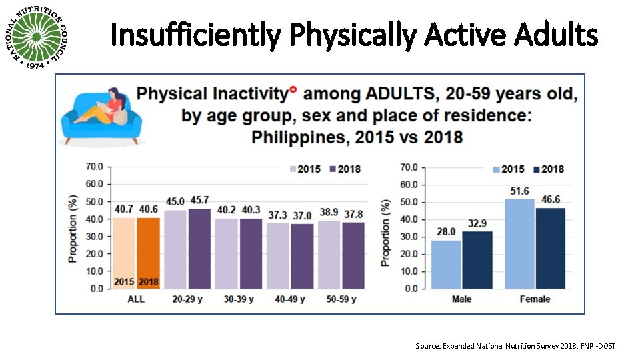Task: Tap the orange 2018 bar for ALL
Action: [x=148, y=253]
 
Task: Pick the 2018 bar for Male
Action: [x=477, y=259]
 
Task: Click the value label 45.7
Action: [x=200, y=200]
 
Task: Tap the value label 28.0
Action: [x=446, y=231]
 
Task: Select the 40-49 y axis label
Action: [x=290, y=300]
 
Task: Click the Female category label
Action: [x=535, y=299]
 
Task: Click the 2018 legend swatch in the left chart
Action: [x=331, y=169]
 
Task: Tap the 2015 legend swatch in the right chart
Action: [x=496, y=169]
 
